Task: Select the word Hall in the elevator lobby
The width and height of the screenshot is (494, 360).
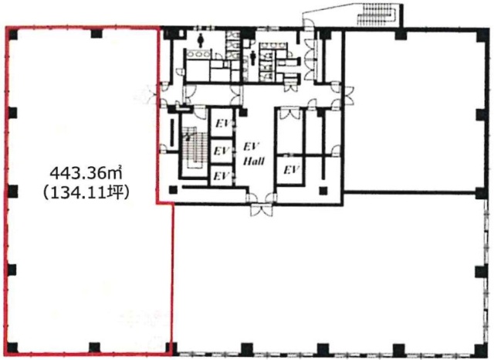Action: click(x=254, y=161)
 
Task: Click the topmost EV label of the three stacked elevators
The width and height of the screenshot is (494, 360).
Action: click(x=223, y=124)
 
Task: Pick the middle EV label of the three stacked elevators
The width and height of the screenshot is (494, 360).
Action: click(x=222, y=151)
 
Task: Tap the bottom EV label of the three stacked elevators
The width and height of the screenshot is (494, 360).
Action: click(x=222, y=175)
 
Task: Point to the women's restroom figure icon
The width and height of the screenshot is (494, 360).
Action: click(x=201, y=40)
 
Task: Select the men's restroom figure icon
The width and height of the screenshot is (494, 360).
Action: click(x=252, y=58)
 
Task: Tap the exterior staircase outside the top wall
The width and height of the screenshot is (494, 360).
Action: click(x=377, y=15)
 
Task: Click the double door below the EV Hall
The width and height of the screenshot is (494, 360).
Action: click(x=261, y=210)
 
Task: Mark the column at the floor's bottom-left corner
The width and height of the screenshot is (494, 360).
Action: click(x=12, y=348)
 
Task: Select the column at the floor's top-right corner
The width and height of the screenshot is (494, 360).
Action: click(x=481, y=34)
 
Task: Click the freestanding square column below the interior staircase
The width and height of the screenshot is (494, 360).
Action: click(x=173, y=190)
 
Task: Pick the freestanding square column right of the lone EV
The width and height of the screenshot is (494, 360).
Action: click(x=323, y=191)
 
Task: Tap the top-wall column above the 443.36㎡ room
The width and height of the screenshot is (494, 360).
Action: click(x=96, y=33)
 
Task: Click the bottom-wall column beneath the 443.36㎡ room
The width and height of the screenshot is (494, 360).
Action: click(x=94, y=348)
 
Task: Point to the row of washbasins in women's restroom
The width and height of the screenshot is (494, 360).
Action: click(x=198, y=55)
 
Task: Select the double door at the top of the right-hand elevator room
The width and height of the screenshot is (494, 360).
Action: click(x=290, y=114)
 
